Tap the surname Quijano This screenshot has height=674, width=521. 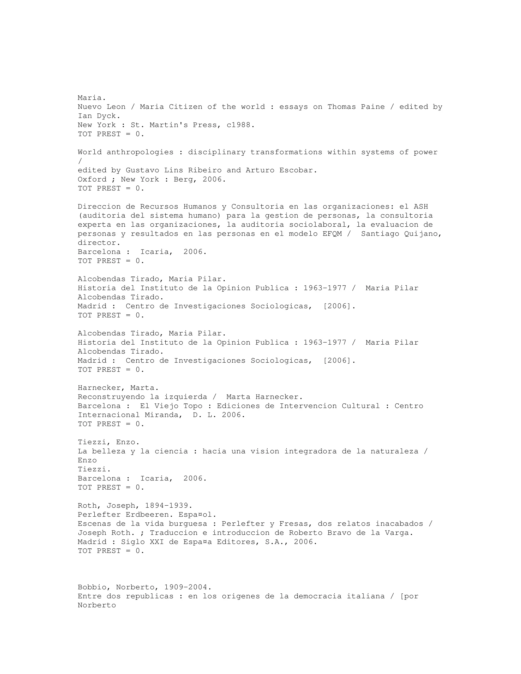(x=423, y=234)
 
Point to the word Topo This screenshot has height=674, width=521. (x=193, y=406)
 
